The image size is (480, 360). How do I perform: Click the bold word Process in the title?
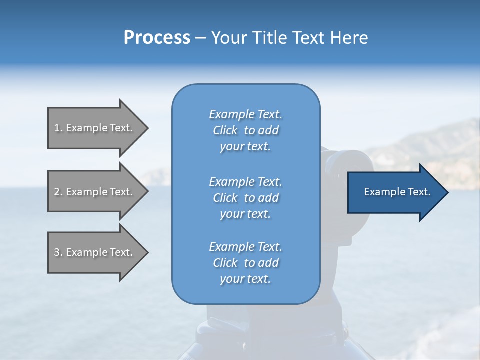click(157, 38)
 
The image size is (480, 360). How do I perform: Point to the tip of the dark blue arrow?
click(447, 192)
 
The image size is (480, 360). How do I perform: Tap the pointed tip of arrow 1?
click(147, 128)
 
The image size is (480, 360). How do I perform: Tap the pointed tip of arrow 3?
click(147, 252)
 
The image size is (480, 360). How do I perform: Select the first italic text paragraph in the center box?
click(245, 130)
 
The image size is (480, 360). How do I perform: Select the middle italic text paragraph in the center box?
click(245, 198)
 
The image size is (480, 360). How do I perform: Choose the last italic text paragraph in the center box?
click(245, 263)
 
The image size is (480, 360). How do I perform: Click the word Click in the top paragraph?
click(225, 130)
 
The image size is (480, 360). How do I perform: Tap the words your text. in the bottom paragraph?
click(245, 279)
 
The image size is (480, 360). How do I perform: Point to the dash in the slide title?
click(200, 38)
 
